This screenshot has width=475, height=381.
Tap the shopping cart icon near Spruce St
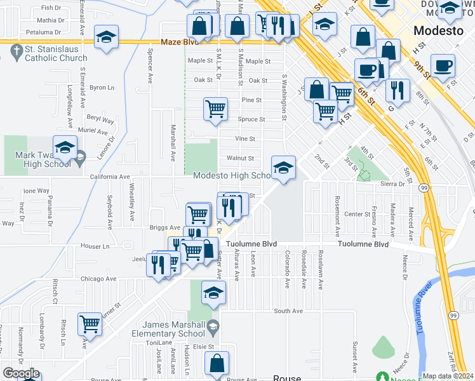click(215, 109)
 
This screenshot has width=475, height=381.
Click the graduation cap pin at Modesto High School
click(283, 168)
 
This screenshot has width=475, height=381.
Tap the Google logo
click(21, 373)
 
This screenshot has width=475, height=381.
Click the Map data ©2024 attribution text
click(448, 376)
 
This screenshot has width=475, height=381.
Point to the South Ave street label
click(288, 311)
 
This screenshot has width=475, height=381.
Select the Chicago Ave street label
click(98, 279)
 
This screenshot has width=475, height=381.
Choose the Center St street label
click(357, 215)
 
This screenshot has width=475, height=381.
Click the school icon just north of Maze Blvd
click(106, 37)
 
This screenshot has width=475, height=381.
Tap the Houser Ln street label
click(95, 245)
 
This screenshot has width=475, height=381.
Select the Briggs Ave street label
click(164, 227)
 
